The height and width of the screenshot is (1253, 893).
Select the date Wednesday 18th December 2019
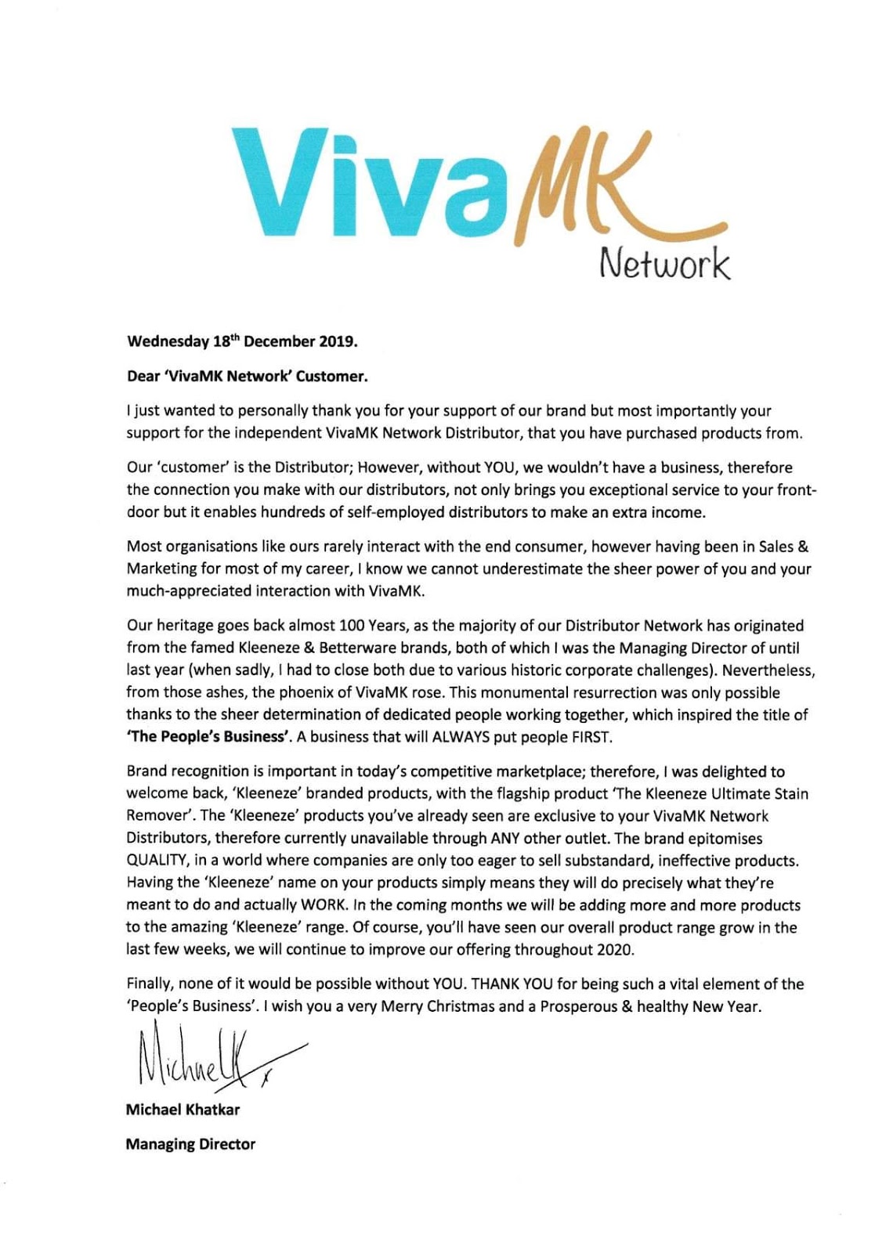click(x=242, y=341)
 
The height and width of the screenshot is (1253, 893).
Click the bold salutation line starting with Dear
click(x=247, y=376)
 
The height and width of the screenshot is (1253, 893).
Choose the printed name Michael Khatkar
click(x=183, y=1109)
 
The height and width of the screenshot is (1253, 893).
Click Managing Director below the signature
click(x=190, y=1144)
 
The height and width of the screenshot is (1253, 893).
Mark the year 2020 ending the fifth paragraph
click(x=617, y=949)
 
